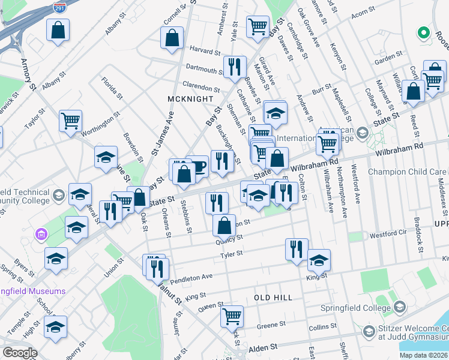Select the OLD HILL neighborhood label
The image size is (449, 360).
click(273, 298)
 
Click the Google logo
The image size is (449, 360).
click(20, 353)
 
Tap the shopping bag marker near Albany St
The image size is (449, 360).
click(58, 31)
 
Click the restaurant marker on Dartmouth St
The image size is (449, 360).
click(234, 67)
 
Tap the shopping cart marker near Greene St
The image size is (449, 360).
click(232, 316)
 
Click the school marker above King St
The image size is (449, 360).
click(319, 260)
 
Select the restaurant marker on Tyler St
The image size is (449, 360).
click(297, 249)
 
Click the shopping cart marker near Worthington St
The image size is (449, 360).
click(70, 121)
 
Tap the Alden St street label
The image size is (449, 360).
click(264, 347)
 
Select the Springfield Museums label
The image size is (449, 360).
click(33, 292)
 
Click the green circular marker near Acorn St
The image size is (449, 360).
click(423, 32)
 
